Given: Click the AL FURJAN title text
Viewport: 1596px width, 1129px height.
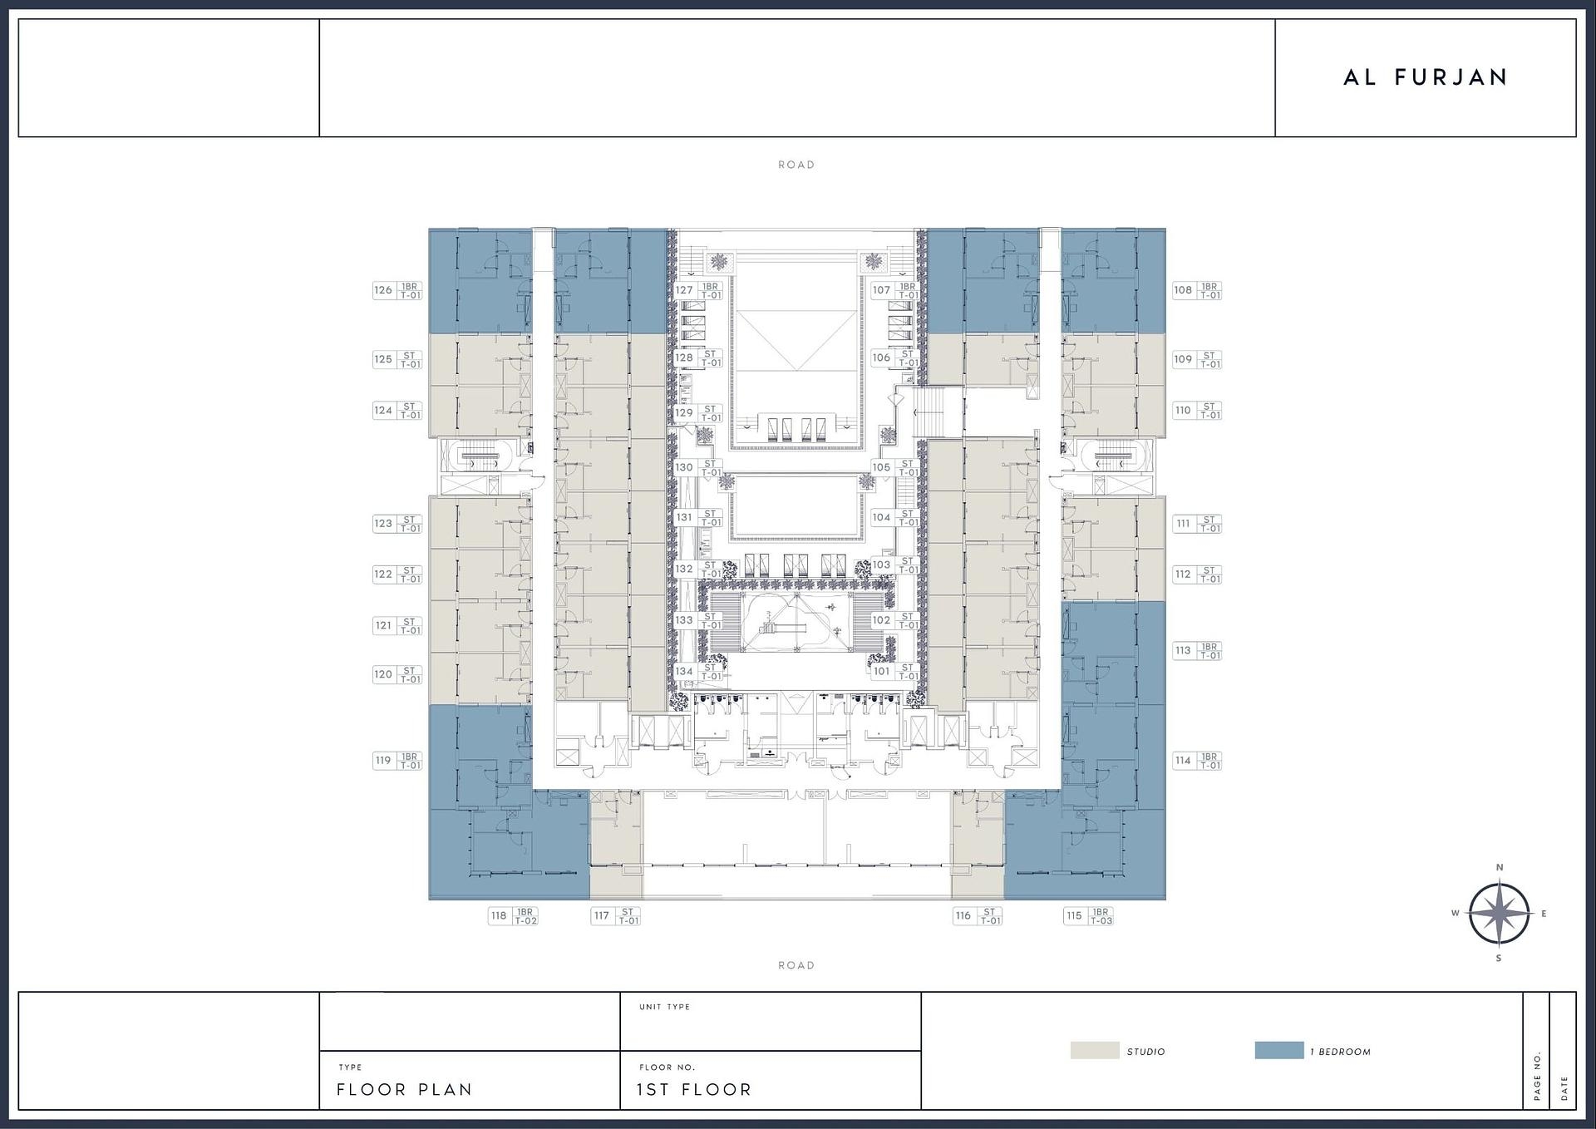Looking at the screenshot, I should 1425,77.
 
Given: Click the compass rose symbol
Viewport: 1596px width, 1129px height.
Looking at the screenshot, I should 1499,913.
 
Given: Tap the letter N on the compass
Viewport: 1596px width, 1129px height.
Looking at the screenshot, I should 1500,867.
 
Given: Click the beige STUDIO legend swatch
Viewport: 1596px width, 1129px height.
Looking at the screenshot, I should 1094,1050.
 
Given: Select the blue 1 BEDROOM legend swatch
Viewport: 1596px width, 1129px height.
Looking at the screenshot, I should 1278,1050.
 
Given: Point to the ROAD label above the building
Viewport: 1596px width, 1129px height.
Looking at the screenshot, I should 796,165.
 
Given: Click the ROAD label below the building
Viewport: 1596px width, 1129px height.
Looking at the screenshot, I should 796,965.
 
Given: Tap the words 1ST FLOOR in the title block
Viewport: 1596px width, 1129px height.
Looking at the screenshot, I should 694,1089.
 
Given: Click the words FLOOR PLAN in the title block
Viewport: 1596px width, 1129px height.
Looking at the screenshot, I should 404,1089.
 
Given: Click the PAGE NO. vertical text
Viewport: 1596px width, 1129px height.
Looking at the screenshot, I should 1537,1076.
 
